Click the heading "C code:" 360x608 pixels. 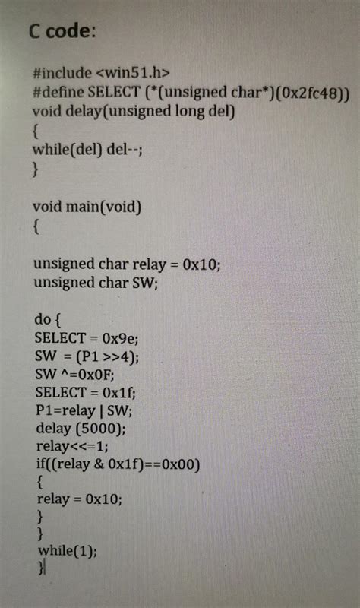62,31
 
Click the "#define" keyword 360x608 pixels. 58,92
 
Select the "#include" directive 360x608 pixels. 62,73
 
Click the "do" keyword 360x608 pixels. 43,319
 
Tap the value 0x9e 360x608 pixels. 118,338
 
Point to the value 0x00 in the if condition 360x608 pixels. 178,464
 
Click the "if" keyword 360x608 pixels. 41,464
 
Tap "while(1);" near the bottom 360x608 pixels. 68,550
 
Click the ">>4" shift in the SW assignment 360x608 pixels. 117,356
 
